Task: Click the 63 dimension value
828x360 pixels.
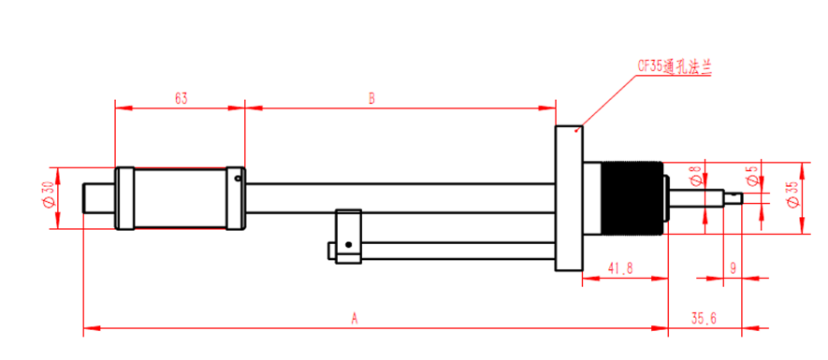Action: (x=182, y=99)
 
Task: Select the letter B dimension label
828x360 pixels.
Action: (x=371, y=99)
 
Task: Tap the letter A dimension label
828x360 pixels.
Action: (x=355, y=318)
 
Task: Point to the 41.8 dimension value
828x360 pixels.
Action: (x=620, y=268)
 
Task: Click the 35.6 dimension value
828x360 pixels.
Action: (x=704, y=318)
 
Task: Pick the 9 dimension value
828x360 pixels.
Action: (x=733, y=268)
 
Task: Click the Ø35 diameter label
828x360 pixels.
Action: (x=792, y=194)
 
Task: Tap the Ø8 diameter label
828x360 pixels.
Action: (x=696, y=177)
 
